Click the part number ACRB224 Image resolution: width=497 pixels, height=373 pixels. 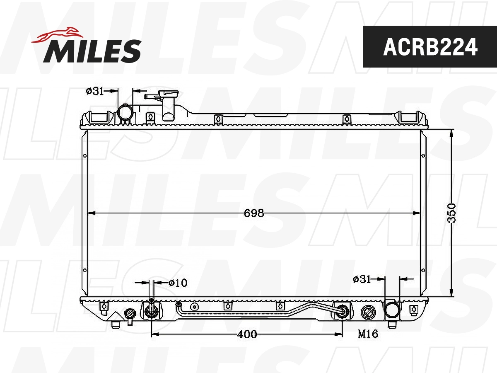[x=430, y=47]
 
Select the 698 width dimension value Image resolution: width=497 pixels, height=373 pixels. [x=254, y=213]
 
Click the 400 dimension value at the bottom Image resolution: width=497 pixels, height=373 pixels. [x=247, y=334]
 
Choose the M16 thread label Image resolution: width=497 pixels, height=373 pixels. [x=368, y=334]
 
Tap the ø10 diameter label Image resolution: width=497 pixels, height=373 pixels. [x=178, y=283]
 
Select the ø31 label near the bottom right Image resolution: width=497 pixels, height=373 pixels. [x=362, y=279]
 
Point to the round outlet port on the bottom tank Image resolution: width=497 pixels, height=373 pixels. [x=392, y=310]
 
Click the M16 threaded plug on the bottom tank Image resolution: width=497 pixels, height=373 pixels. [x=368, y=312]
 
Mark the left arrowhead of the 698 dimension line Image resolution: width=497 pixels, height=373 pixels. [x=92, y=213]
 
